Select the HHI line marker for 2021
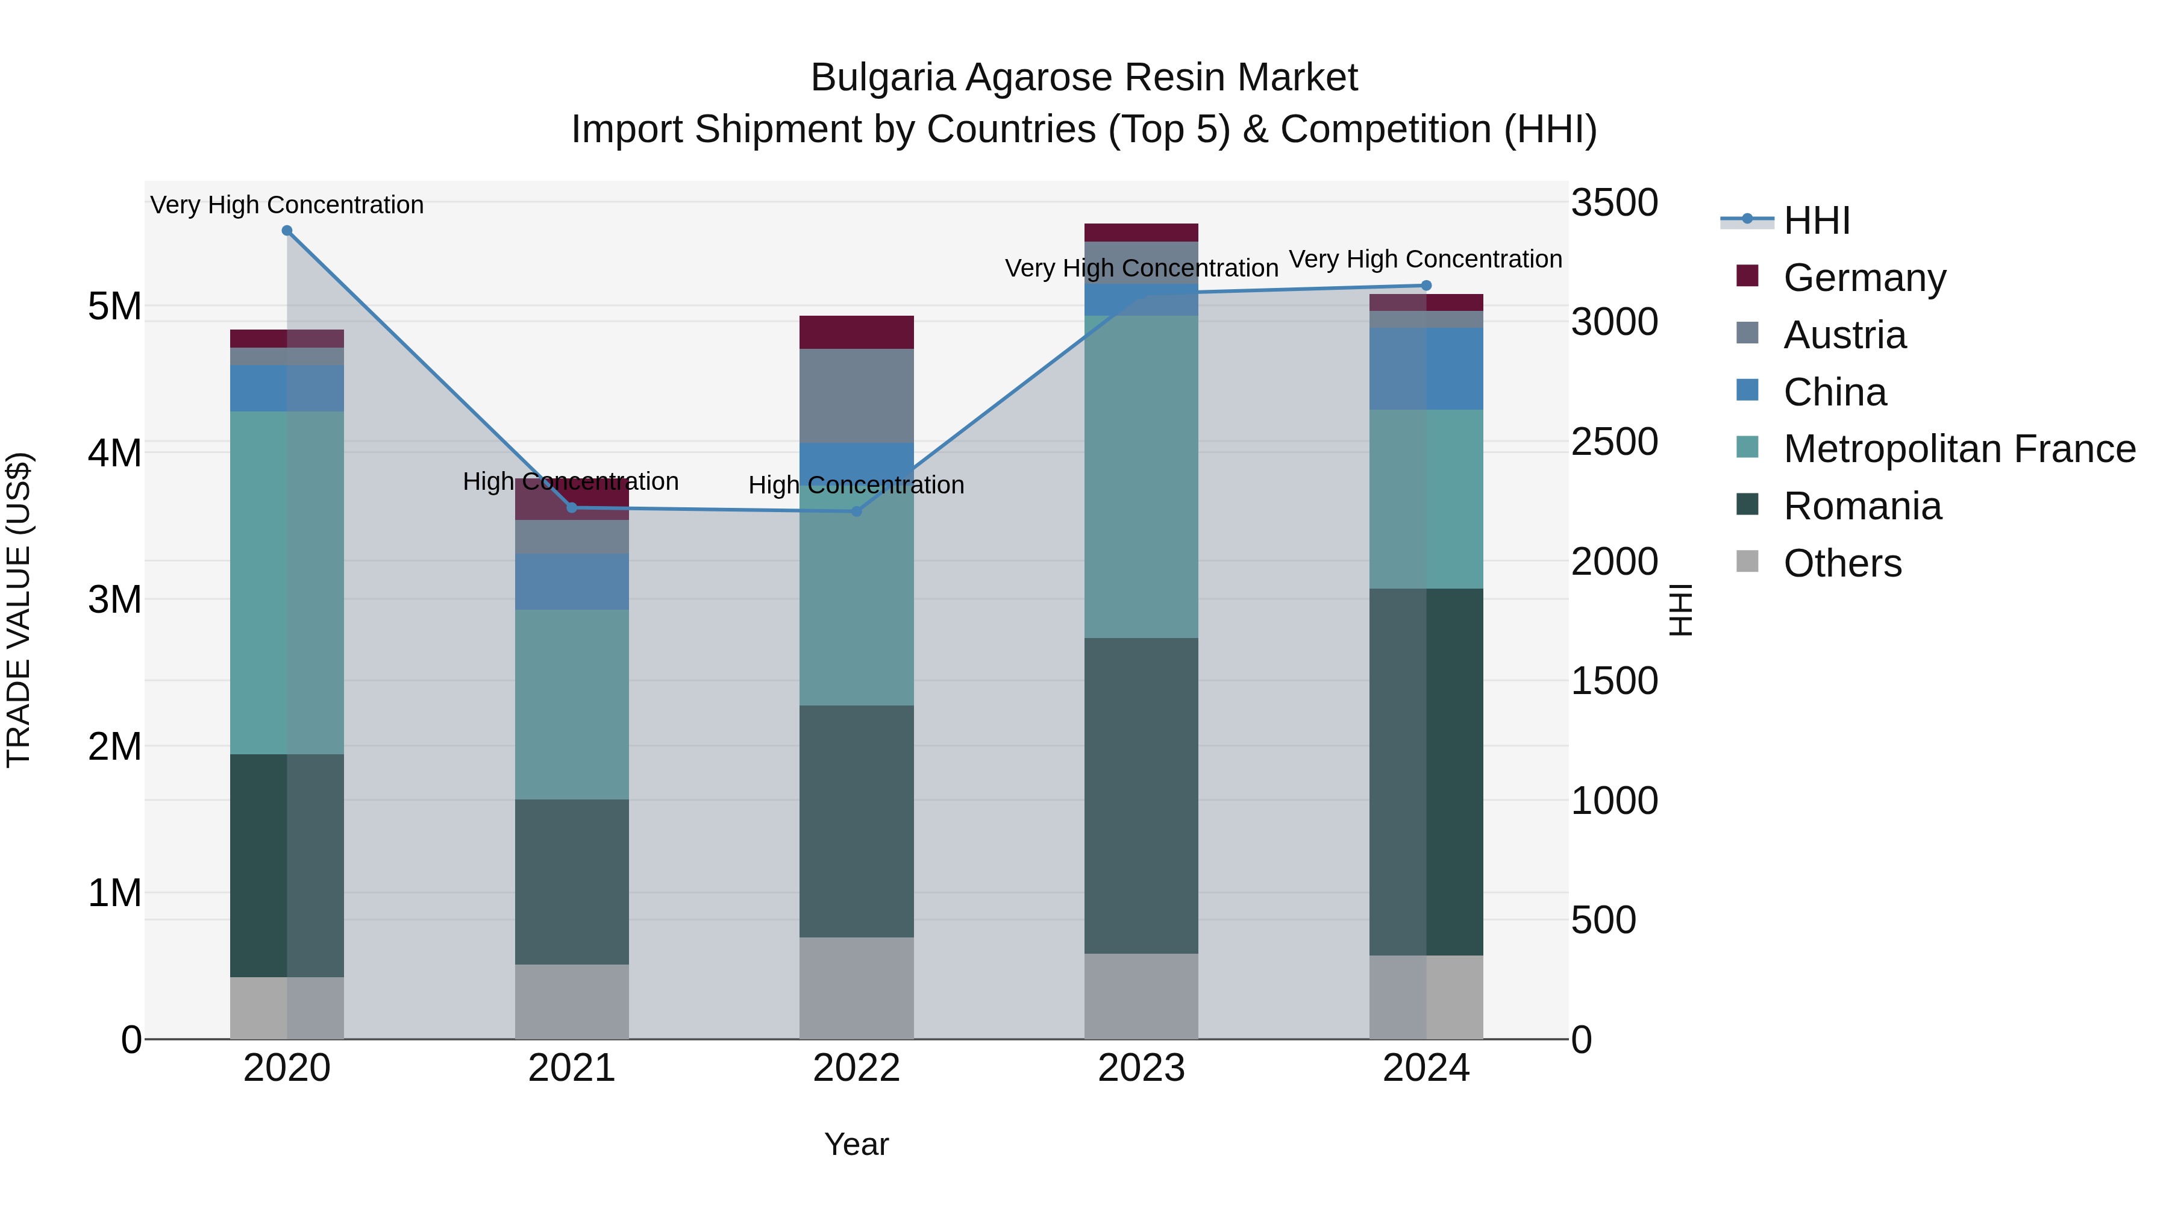pyautogui.click(x=572, y=508)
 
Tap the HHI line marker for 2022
pyautogui.click(x=856, y=511)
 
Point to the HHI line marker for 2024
pyautogui.click(x=1426, y=286)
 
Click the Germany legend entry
pyautogui.click(x=1864, y=278)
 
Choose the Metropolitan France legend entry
pyautogui.click(x=1959, y=449)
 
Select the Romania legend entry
pyautogui.click(x=1862, y=506)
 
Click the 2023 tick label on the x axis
pyautogui.click(x=1141, y=1068)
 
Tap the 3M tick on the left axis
pyautogui.click(x=114, y=599)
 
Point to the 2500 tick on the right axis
pyautogui.click(x=1614, y=442)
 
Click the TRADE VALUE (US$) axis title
pyautogui.click(x=19, y=610)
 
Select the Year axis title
pyautogui.click(x=856, y=1144)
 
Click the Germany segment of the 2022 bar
pyautogui.click(x=856, y=332)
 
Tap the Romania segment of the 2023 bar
pyautogui.click(x=1141, y=796)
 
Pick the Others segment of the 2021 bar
pyautogui.click(x=572, y=1001)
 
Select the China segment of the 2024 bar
pyautogui.click(x=1426, y=369)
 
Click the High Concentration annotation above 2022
pyautogui.click(x=856, y=485)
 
